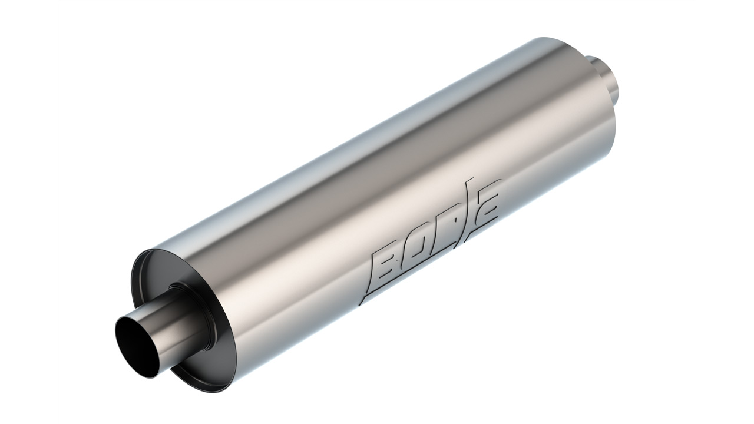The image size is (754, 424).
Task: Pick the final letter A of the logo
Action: (x=487, y=204)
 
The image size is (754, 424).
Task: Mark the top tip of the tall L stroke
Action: (x=470, y=179)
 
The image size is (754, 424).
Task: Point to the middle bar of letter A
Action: (x=488, y=206)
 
